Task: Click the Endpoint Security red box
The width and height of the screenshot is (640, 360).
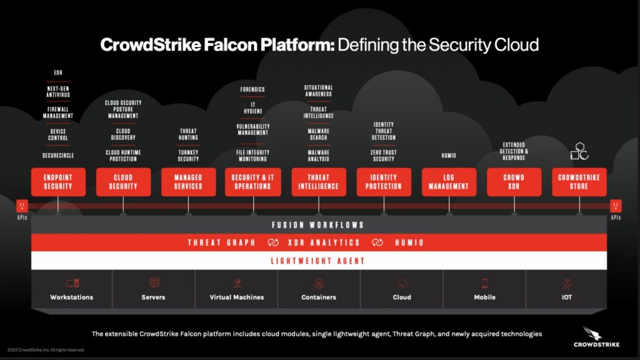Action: [x=58, y=182]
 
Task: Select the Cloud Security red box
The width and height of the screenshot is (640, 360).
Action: [x=123, y=182]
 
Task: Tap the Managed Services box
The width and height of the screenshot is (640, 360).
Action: [x=188, y=182]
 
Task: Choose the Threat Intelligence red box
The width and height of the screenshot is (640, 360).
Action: [x=319, y=182]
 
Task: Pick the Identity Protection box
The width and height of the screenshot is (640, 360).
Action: [x=384, y=182]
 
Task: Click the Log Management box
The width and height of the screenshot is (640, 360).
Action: [x=449, y=182]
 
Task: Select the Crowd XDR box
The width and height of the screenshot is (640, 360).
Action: [x=514, y=182]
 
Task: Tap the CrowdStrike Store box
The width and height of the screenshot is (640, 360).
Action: [x=579, y=182]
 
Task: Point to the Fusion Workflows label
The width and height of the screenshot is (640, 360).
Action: [x=318, y=225]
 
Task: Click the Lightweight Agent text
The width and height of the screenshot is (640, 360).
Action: [x=318, y=261]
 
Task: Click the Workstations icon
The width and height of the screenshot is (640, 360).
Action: [x=72, y=283]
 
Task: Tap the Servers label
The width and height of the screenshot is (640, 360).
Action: [x=153, y=297]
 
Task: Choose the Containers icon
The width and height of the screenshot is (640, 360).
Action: [x=319, y=283]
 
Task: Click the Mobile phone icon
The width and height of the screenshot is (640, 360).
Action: [x=484, y=283]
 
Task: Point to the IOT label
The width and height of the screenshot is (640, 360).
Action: [x=566, y=297]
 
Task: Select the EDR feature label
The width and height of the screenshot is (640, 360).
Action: [x=58, y=73]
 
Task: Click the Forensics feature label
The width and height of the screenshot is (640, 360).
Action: [x=252, y=89]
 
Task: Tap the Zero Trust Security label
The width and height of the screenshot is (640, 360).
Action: [x=384, y=156]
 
